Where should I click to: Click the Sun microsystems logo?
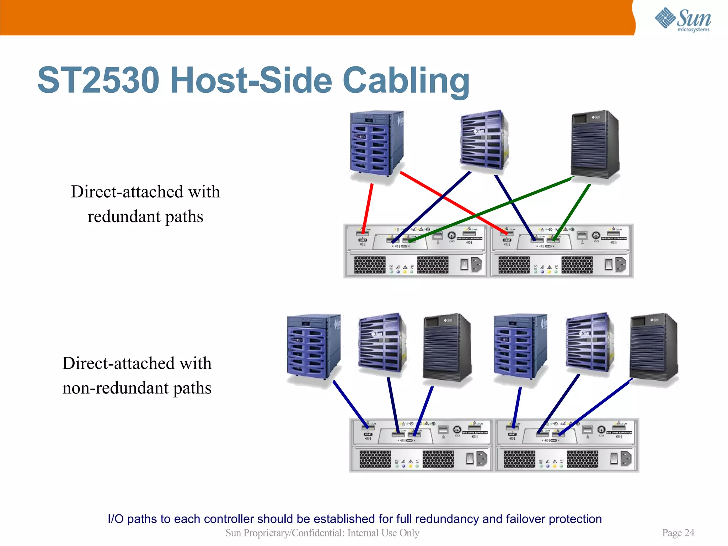tap(682, 19)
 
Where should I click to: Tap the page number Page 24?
tap(678, 532)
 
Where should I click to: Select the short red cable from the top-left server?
tap(368, 208)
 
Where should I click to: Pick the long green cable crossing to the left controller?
tap(491, 209)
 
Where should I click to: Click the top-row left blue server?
tap(376, 144)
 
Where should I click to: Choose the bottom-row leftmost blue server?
tap(313, 347)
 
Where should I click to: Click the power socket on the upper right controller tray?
tap(621, 264)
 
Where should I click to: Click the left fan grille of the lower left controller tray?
tap(375, 459)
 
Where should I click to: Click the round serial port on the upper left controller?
tap(451, 235)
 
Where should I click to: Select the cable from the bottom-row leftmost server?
tap(350, 403)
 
